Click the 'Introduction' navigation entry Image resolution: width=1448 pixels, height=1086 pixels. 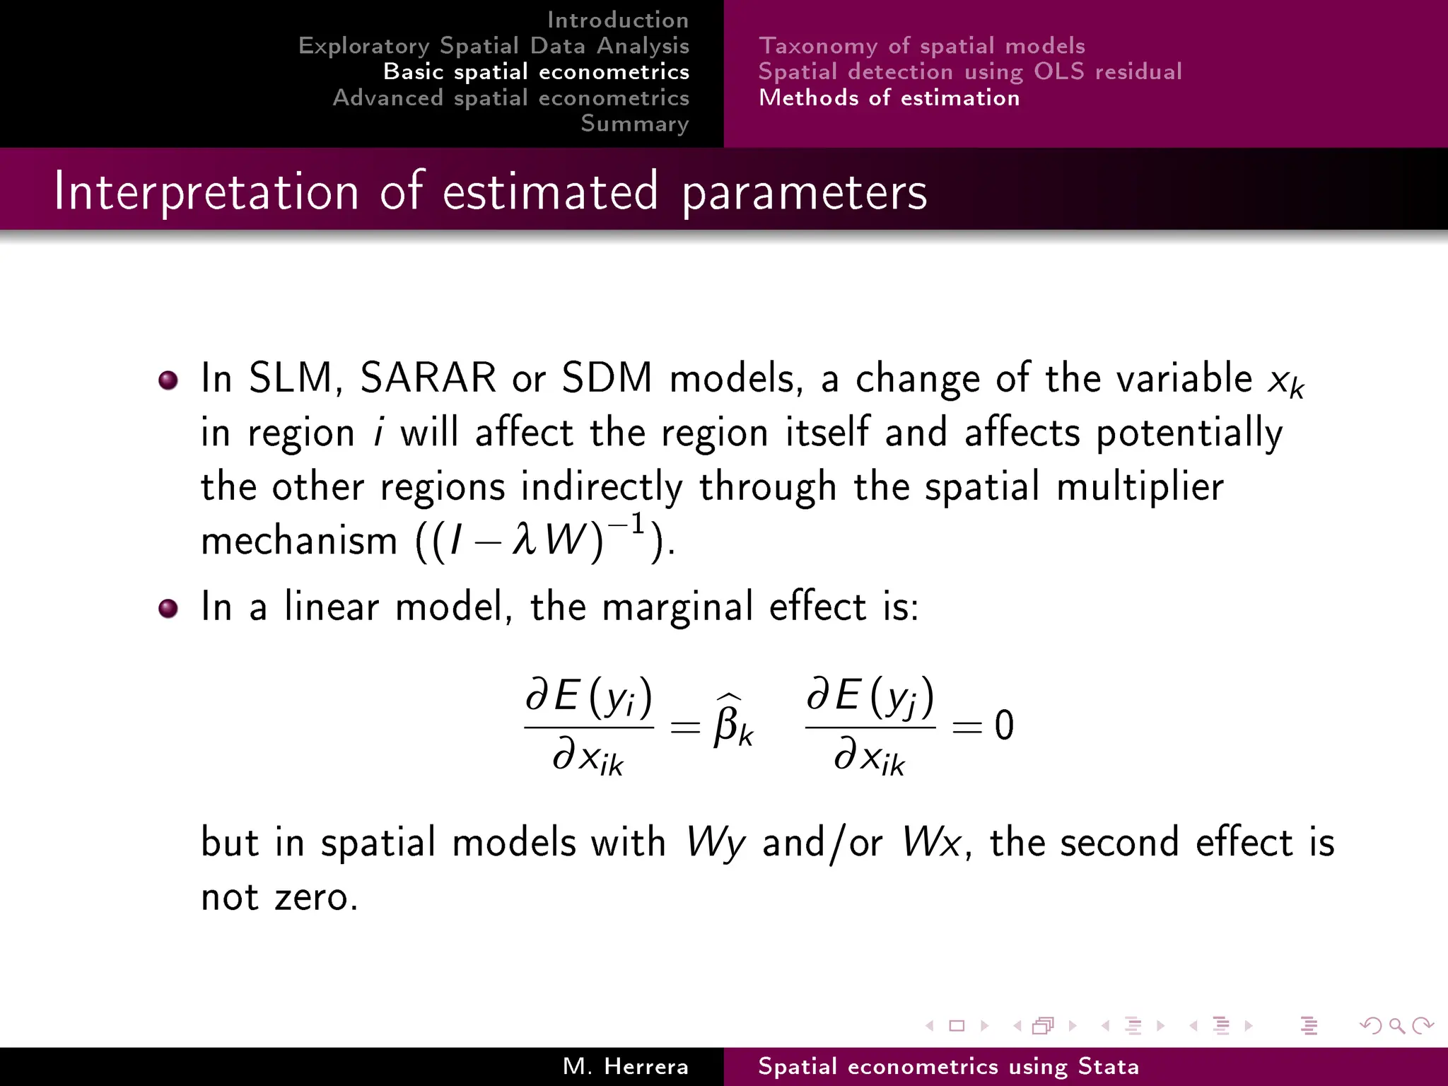(617, 20)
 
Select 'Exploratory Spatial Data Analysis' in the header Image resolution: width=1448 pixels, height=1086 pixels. (494, 46)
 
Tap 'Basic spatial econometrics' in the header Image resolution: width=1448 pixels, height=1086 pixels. (536, 71)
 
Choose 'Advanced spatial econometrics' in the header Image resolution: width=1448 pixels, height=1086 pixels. (510, 98)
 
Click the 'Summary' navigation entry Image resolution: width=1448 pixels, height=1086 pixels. (634, 124)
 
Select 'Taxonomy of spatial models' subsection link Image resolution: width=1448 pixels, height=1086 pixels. (921, 46)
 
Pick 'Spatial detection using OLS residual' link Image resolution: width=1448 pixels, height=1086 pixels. (969, 71)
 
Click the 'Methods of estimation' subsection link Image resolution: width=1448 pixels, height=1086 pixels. (889, 98)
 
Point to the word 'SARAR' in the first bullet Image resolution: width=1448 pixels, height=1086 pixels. (428, 378)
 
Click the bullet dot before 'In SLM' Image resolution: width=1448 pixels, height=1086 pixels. (168, 380)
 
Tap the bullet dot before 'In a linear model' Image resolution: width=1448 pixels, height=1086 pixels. (168, 608)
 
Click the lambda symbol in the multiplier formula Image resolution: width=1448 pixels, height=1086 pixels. (524, 541)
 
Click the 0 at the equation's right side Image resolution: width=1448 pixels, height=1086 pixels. (1004, 725)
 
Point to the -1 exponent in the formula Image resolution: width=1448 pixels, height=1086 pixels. (629, 525)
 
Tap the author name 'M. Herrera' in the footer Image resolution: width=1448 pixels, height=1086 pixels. (625, 1066)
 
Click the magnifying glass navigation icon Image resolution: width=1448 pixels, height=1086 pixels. (1396, 1025)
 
